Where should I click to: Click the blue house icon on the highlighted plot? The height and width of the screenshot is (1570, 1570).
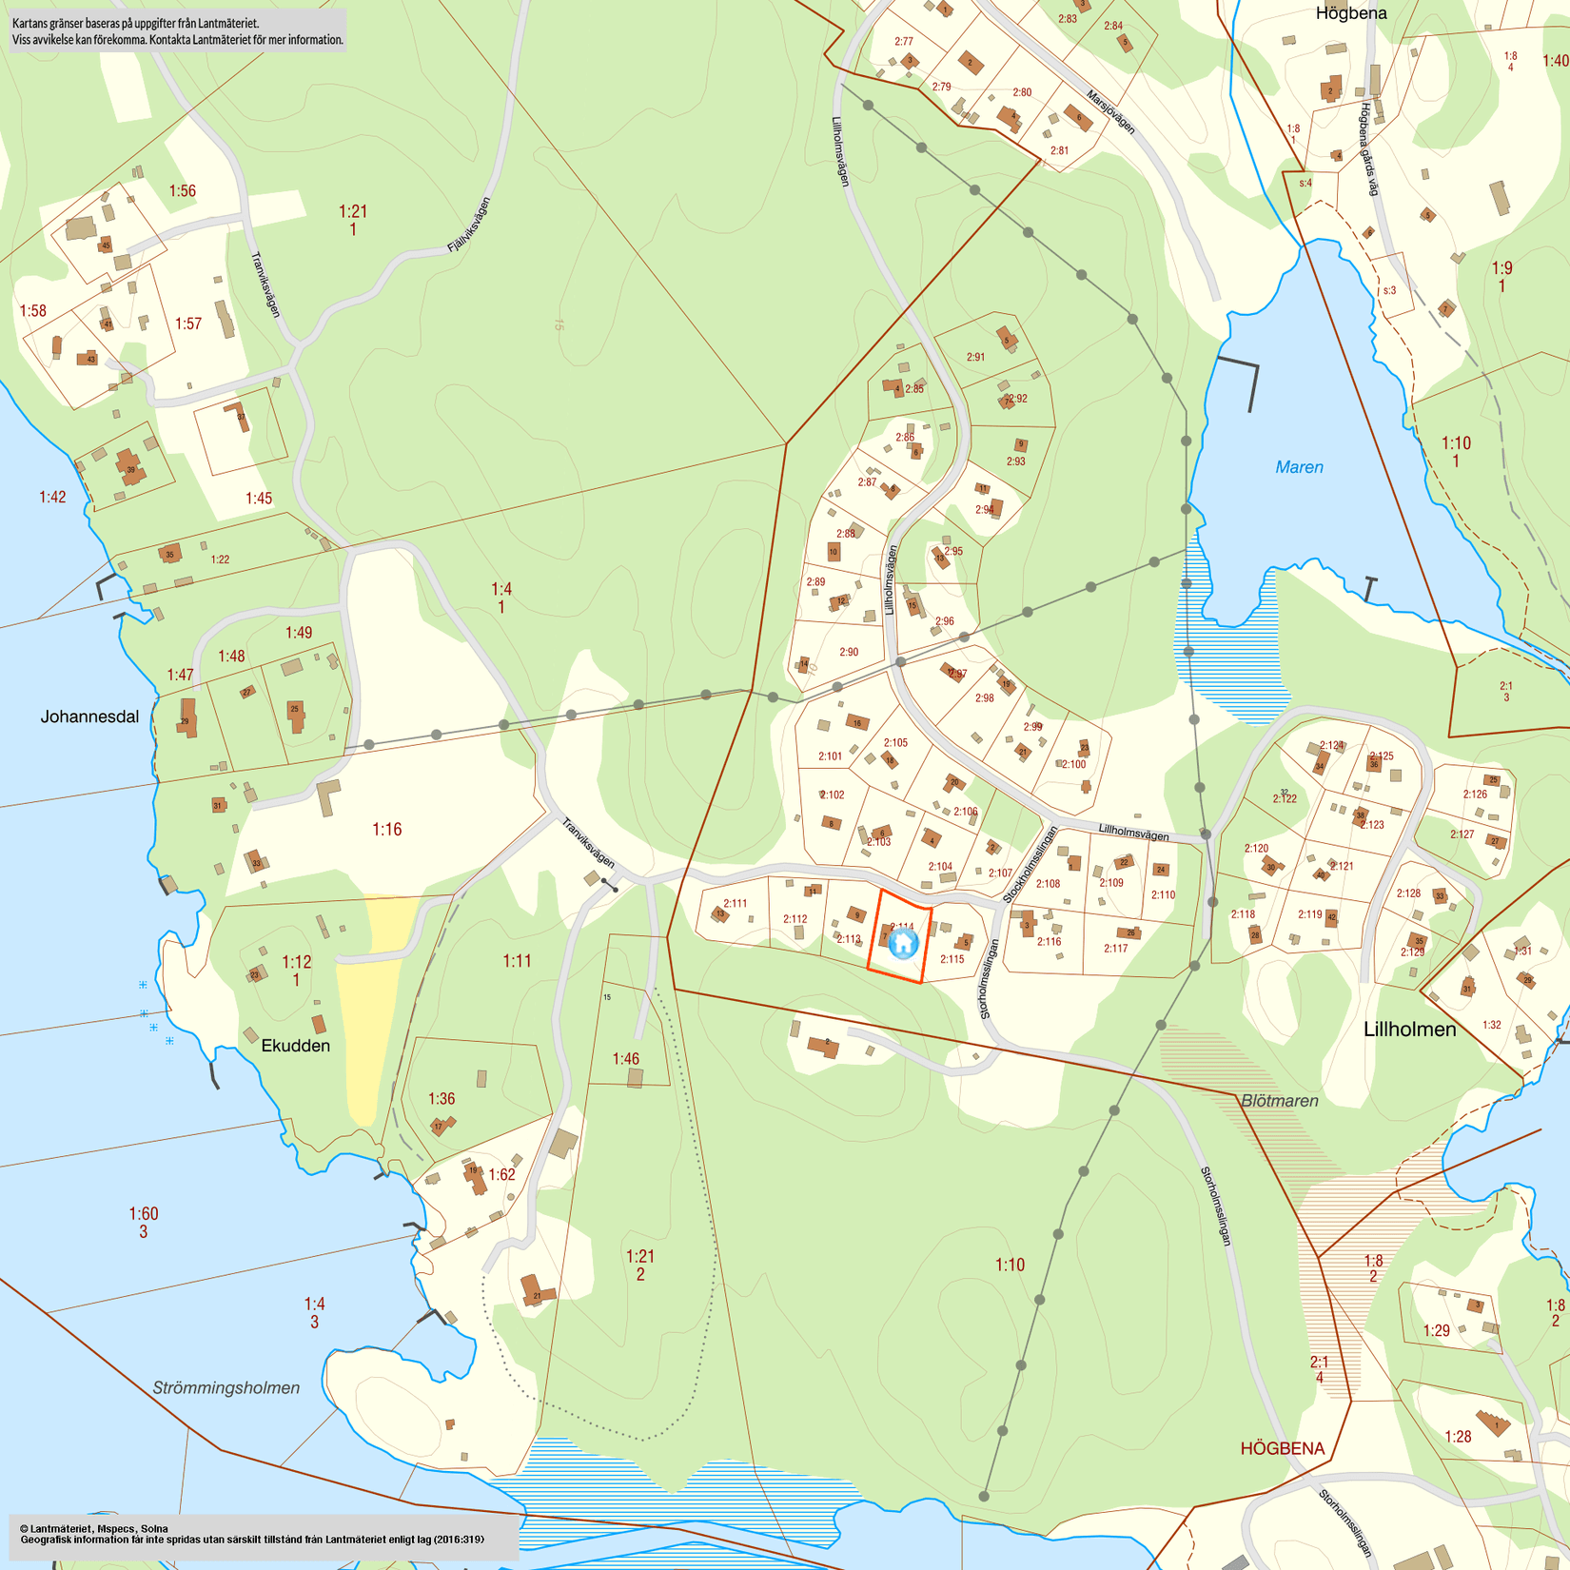902,943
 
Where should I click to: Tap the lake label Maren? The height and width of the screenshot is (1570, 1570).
1299,467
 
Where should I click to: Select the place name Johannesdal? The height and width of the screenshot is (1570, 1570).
89,716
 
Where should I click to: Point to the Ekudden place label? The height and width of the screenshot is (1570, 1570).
295,1046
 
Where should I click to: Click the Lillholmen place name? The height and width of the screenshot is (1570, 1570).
1409,1029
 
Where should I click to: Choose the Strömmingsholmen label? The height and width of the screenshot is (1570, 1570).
226,1387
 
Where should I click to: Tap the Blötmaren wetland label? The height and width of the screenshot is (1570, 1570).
1280,1101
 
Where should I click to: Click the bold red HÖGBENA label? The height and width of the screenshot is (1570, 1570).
1282,1448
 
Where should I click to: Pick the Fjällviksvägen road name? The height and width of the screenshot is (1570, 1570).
469,225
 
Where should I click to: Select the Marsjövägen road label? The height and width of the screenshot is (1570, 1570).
1110,111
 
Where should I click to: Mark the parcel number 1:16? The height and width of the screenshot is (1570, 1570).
386,830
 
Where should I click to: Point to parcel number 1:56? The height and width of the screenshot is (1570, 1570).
182,191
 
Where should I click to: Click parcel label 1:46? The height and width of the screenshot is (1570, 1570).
625,1059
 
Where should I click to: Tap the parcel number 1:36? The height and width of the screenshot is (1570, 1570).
441,1099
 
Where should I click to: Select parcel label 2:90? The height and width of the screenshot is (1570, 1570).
849,652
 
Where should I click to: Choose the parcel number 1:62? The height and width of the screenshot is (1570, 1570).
501,1175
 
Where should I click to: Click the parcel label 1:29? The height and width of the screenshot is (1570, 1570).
1436,1330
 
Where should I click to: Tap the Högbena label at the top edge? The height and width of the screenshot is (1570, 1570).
1351,13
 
